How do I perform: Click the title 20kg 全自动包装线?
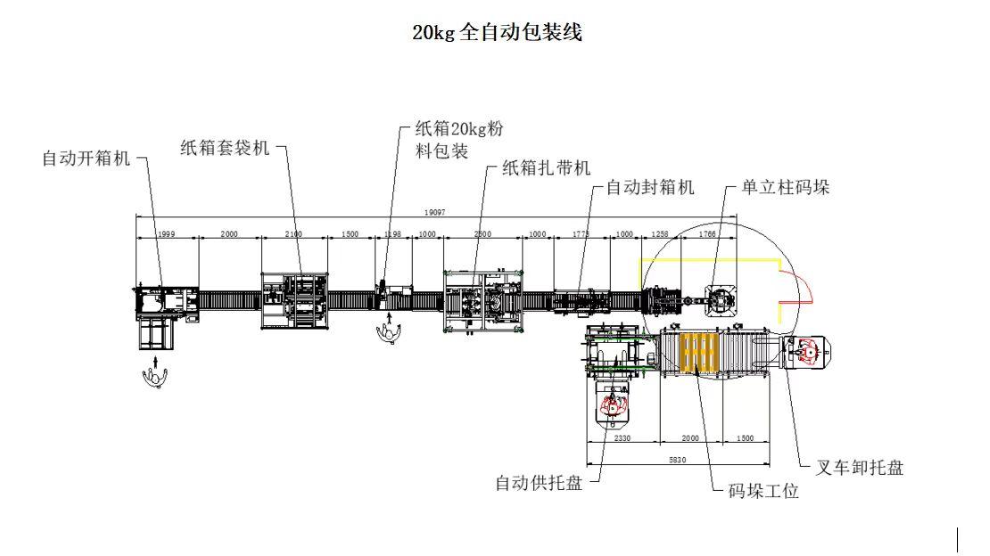[x=497, y=33]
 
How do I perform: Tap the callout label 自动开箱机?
[x=87, y=159]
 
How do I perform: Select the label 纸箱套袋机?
[x=224, y=149]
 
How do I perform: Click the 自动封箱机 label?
[x=650, y=188]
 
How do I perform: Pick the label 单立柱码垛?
[x=786, y=188]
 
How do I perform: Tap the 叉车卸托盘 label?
[x=860, y=467]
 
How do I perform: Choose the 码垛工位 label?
[x=763, y=491]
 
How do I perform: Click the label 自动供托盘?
[x=539, y=483]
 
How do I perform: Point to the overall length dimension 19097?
[x=434, y=212]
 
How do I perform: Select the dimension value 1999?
[x=166, y=234]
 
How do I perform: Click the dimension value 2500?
[x=482, y=234]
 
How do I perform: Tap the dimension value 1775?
[x=581, y=234]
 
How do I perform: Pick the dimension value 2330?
[x=622, y=438]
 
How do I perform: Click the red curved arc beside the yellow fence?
[x=804, y=287]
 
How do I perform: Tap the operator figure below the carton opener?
[x=155, y=376]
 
